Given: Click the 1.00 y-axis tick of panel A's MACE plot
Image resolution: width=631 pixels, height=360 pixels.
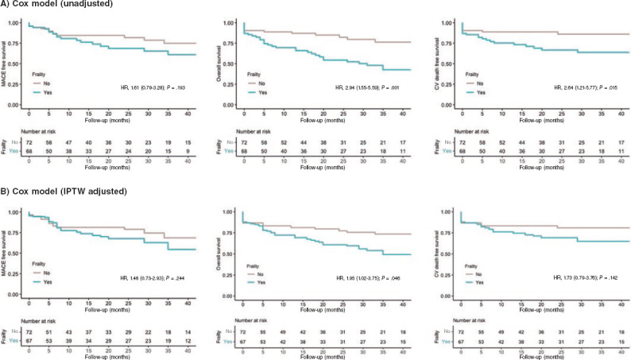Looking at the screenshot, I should [19, 22].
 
